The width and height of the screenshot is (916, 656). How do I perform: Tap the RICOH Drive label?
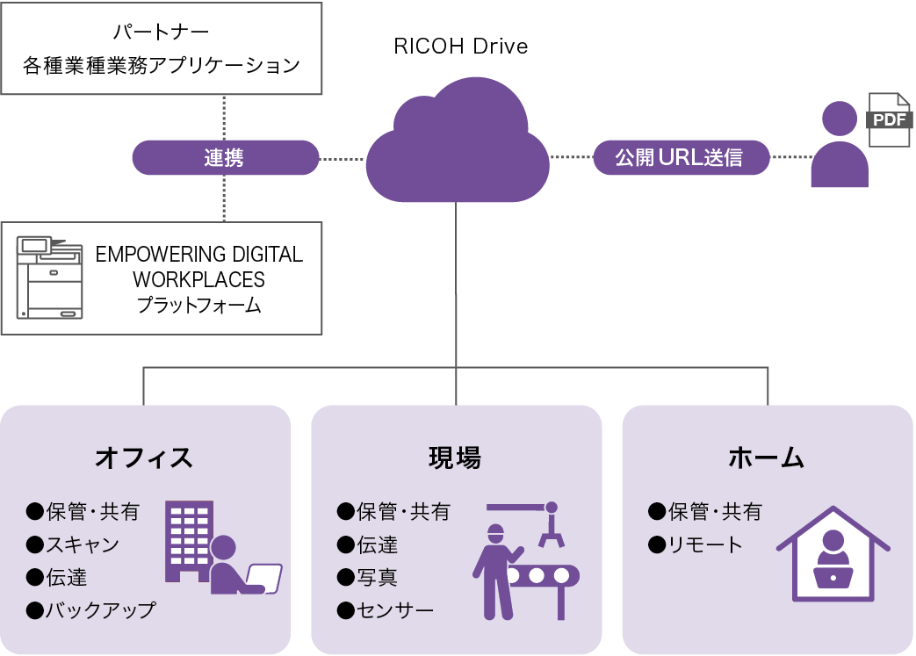tap(461, 47)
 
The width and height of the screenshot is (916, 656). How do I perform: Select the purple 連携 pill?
tap(226, 158)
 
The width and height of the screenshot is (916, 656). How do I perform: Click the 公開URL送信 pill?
tap(682, 157)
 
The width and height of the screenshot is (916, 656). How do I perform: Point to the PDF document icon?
tap(889, 119)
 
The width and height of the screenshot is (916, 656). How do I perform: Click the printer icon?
tap(50, 278)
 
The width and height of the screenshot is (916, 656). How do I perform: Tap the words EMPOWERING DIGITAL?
tap(199, 255)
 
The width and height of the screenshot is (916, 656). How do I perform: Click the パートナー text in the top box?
tap(161, 31)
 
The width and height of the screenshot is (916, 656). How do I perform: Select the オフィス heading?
tap(144, 458)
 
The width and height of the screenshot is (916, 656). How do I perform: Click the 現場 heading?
tap(455, 458)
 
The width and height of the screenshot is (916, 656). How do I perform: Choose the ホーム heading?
tap(767, 458)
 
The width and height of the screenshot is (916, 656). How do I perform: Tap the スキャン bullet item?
tap(73, 544)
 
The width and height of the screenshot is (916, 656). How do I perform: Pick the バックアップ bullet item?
tap(91, 609)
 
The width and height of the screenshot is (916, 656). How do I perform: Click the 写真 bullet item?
tap(367, 577)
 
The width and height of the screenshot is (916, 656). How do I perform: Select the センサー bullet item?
tap(386, 609)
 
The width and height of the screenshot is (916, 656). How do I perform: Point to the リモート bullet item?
tap(696, 544)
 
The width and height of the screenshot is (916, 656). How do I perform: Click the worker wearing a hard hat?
tap(496, 573)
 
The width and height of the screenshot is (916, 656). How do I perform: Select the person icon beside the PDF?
tap(840, 144)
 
